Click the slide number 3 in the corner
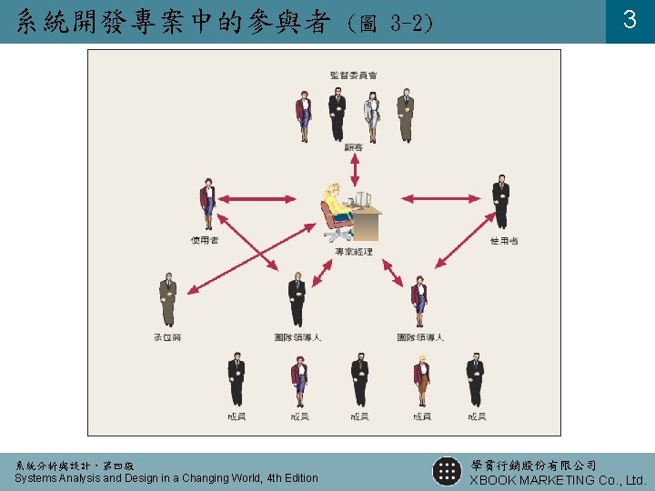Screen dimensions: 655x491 629,19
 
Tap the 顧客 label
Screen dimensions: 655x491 354,148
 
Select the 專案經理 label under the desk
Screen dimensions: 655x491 353,252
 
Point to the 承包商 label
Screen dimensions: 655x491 167,337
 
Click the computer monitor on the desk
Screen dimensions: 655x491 362,200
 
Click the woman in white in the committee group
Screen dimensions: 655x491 372,115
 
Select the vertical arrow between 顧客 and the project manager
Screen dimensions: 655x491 355,169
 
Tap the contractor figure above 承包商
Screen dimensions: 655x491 167,300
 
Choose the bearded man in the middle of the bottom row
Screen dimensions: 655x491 359,380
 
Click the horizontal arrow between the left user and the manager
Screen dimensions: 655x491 255,198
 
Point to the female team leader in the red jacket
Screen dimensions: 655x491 419,300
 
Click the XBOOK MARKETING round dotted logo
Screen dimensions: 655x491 447,471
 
